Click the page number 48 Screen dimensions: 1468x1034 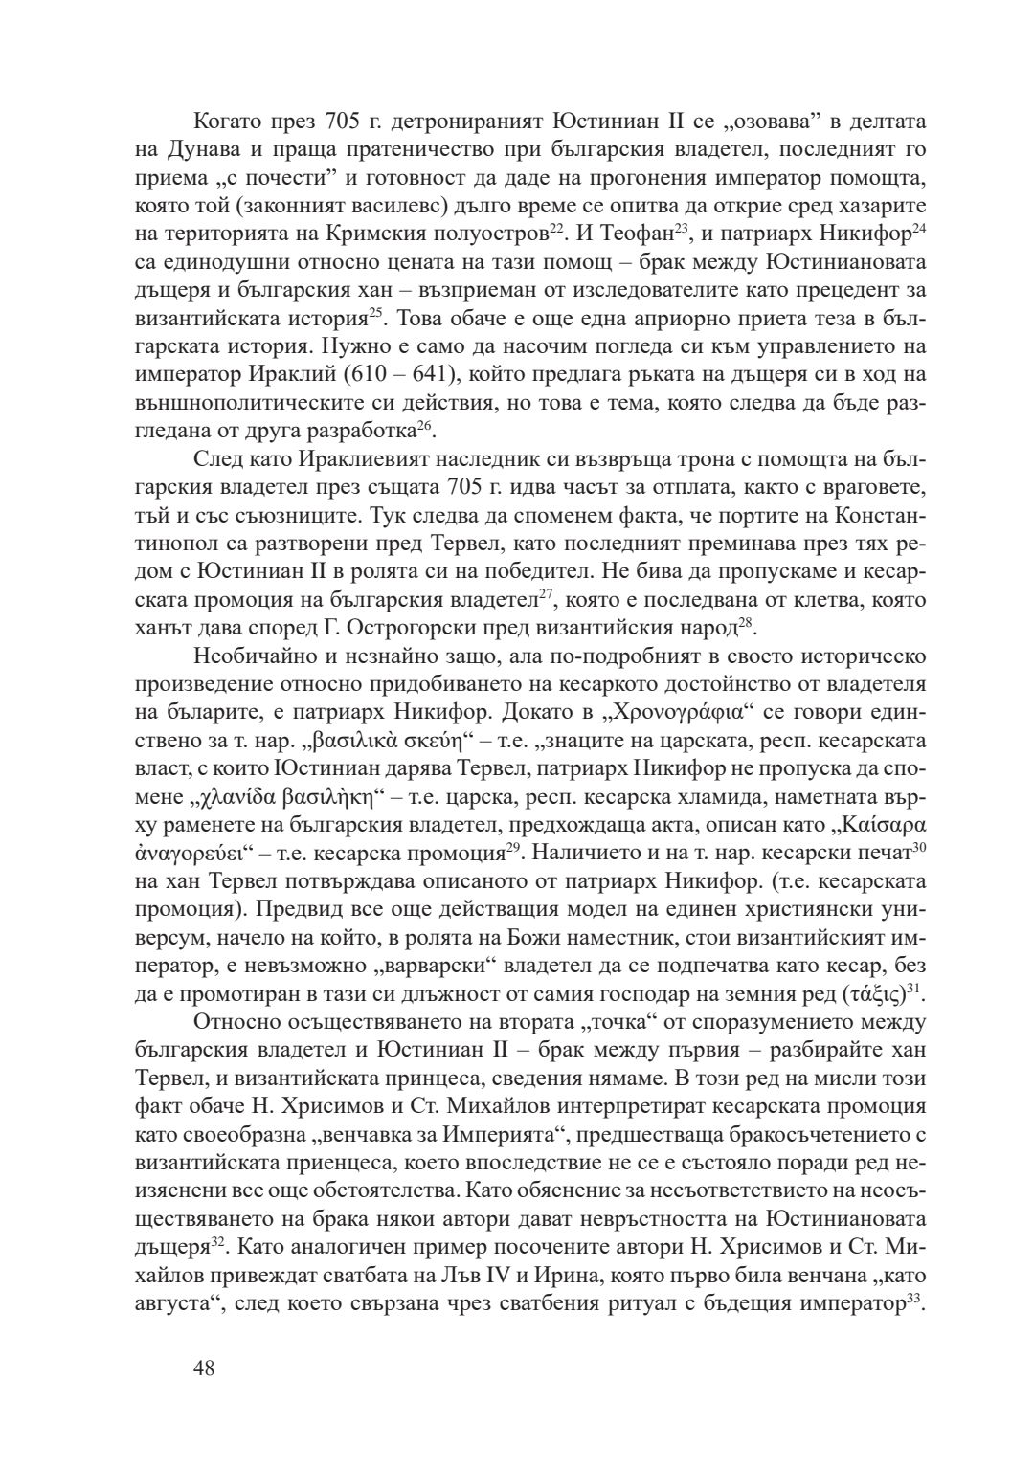pos(204,1368)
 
